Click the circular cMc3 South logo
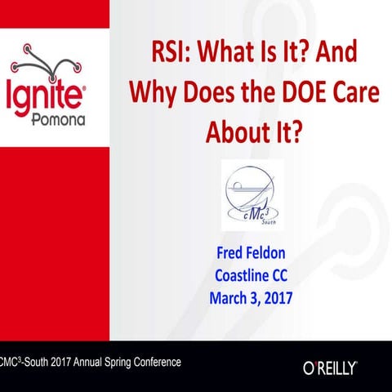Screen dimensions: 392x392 pos(252,194)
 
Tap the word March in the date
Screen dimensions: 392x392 pos(230,292)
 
